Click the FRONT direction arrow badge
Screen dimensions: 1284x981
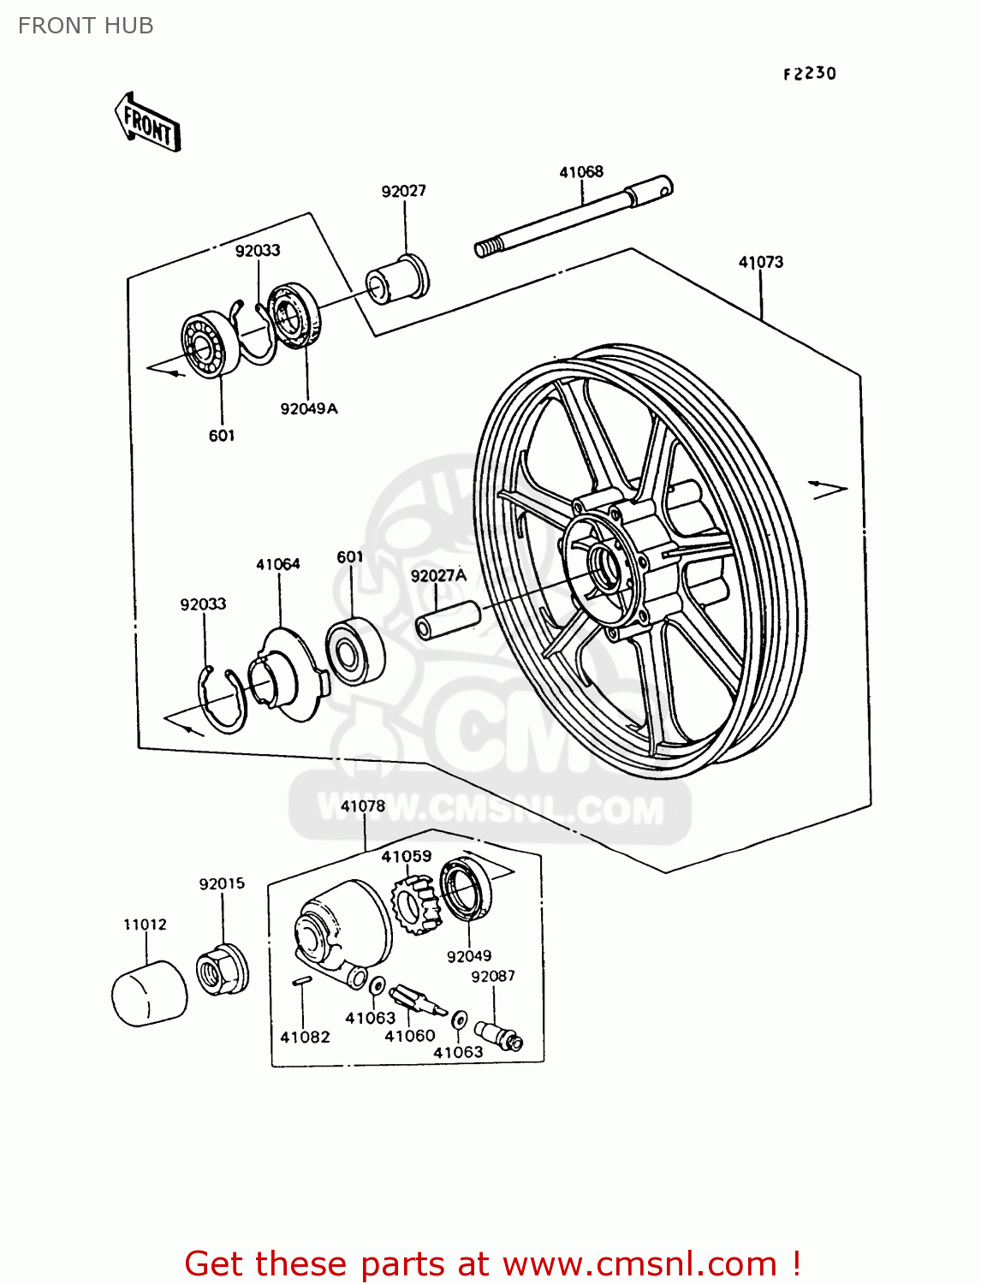coord(148,123)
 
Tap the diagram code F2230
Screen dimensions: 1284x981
coord(809,74)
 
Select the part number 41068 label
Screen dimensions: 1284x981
coord(581,172)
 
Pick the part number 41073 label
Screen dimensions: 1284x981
coord(760,262)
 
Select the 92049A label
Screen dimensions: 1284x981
coord(309,409)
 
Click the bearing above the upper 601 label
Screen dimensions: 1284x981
coord(210,345)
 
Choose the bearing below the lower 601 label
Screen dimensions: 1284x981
coord(355,651)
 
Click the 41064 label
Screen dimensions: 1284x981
coord(278,564)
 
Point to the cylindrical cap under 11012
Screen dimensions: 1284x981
coord(149,993)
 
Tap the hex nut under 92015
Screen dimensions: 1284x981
coord(223,970)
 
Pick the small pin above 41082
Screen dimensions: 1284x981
coord(300,983)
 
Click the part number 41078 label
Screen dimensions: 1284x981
coord(363,806)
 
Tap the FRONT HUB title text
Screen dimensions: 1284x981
coord(86,26)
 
